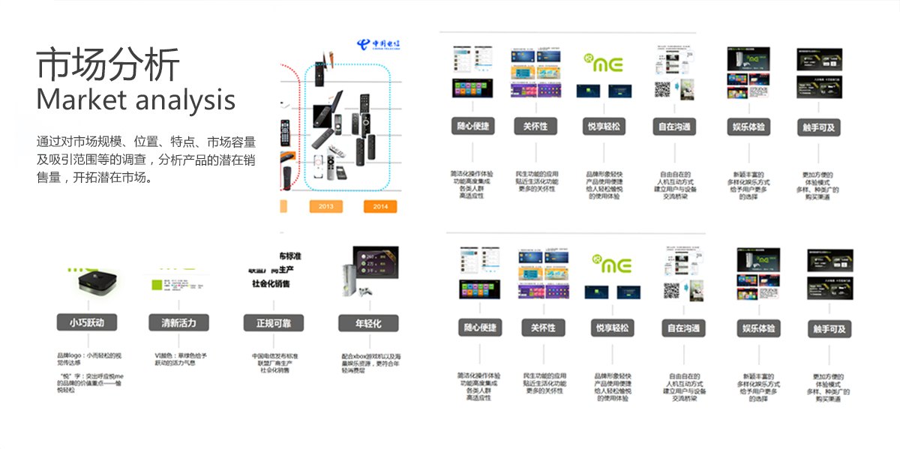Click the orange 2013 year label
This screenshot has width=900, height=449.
[x=325, y=206]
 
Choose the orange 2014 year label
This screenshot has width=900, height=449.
[x=380, y=206]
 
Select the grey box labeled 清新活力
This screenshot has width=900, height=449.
[x=179, y=323]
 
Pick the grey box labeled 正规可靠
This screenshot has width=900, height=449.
[x=273, y=323]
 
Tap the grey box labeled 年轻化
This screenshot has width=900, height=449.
[x=369, y=323]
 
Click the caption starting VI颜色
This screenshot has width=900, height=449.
[x=180, y=358]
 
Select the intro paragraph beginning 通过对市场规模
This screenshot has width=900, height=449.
[x=145, y=160]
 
